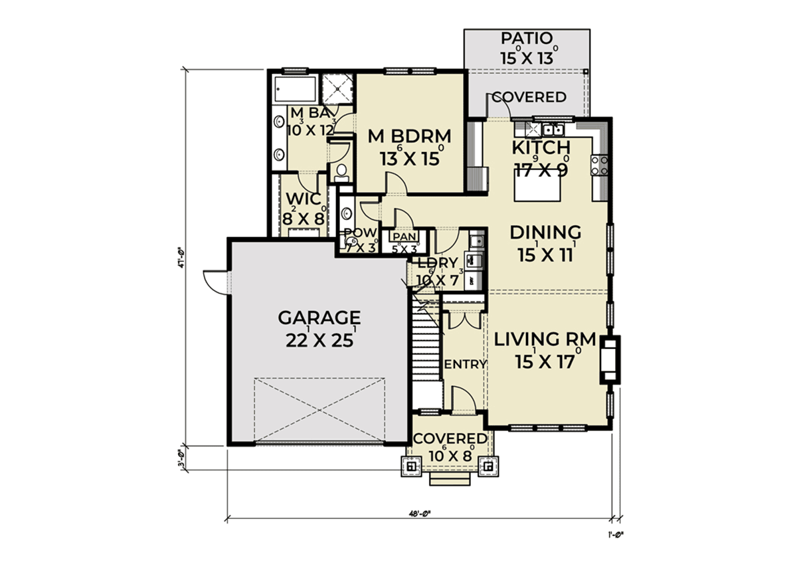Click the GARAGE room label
pos(319,316)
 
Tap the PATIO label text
pos(527,38)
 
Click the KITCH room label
pos(541,147)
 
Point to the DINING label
pos(545,233)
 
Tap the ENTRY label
pos(466,364)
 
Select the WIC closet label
pos(304,199)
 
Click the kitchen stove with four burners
pos(598,164)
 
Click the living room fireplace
pos(609,360)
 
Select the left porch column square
pos(411,466)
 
